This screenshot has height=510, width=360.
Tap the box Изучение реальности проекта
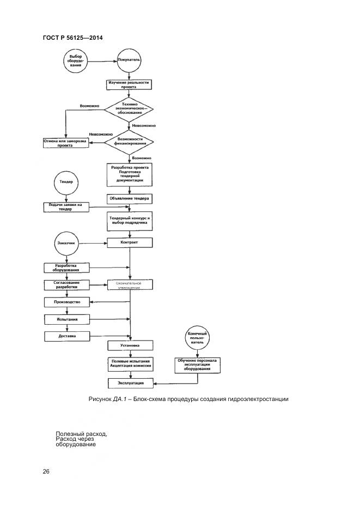[x=129, y=84]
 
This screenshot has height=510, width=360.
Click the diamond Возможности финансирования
[x=130, y=143]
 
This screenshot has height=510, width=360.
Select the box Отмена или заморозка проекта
[x=65, y=143]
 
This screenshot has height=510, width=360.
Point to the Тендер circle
[x=66, y=182]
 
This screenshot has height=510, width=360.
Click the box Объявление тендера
[x=130, y=199]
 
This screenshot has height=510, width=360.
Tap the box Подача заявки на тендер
[x=66, y=207]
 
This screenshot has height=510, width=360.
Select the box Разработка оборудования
[x=66, y=267]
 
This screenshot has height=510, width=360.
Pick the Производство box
[x=66, y=302]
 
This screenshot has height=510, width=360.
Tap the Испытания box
[x=66, y=319]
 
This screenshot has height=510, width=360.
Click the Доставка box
[x=66, y=336]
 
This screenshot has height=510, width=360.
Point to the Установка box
[x=130, y=345]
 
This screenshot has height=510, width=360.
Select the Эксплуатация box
[x=130, y=384]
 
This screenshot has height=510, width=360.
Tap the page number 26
[x=46, y=471]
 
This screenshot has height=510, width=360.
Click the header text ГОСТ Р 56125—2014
[x=72, y=38]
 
